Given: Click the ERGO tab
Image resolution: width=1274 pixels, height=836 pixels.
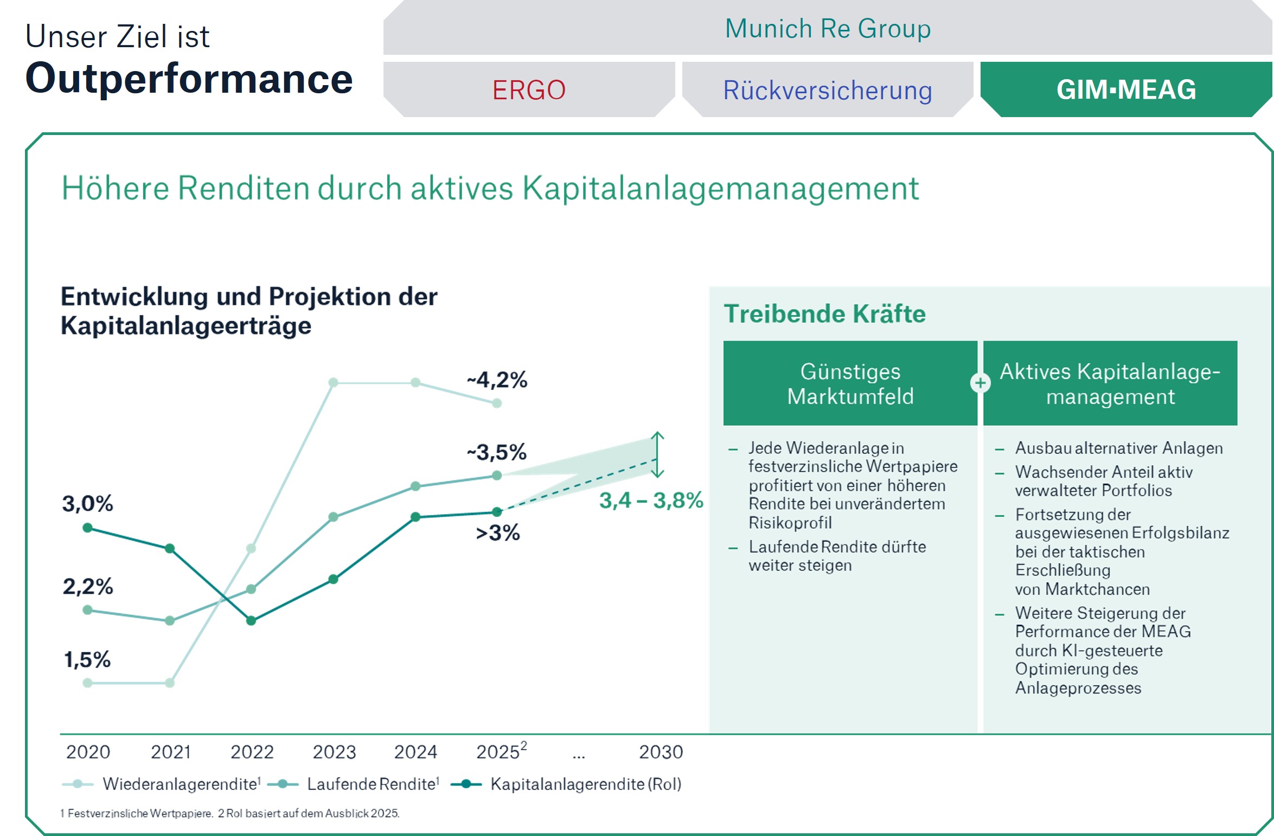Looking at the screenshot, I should [529, 90].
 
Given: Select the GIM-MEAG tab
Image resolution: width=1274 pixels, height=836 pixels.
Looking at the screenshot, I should [1126, 90].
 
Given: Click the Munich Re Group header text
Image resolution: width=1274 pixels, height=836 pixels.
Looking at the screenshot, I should [828, 29].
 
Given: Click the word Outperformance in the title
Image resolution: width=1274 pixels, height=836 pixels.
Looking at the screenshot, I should [189, 79].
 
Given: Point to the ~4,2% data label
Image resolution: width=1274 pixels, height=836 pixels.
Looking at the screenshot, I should [497, 380].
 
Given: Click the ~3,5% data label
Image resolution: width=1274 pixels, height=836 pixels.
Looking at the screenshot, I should [497, 452].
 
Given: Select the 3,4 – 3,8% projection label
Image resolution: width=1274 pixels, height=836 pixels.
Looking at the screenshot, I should [651, 500].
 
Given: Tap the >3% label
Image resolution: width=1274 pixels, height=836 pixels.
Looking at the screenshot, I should [497, 533].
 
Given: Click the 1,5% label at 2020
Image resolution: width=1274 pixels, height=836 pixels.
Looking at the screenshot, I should [87, 660].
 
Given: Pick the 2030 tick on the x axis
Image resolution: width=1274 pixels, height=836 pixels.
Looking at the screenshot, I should [661, 752].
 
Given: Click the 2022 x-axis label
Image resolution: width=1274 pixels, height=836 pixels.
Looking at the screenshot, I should [252, 752].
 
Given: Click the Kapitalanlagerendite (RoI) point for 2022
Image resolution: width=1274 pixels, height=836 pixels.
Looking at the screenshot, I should [251, 621].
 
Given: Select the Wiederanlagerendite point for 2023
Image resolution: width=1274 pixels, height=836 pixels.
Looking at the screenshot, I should [334, 383].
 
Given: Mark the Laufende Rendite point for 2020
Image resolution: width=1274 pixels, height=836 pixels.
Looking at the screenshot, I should [87, 610].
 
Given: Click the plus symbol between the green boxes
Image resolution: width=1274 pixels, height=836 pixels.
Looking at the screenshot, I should [980, 383].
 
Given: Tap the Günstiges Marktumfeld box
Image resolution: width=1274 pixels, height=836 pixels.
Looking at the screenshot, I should [850, 383].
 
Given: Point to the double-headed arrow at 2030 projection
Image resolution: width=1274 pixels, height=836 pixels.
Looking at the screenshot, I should [657, 454].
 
